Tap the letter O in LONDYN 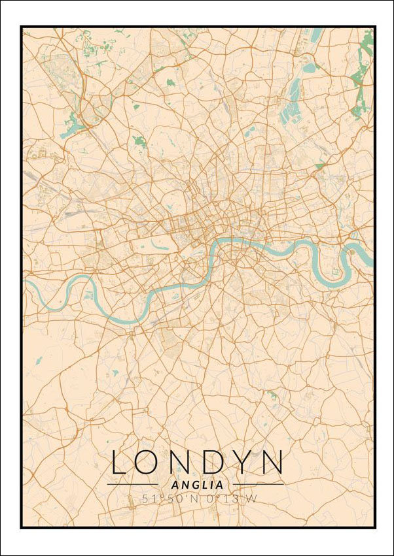[151, 462]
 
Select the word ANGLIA [196, 485]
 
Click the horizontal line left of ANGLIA [133, 484]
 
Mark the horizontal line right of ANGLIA [259, 484]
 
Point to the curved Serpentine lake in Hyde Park [161, 246]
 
